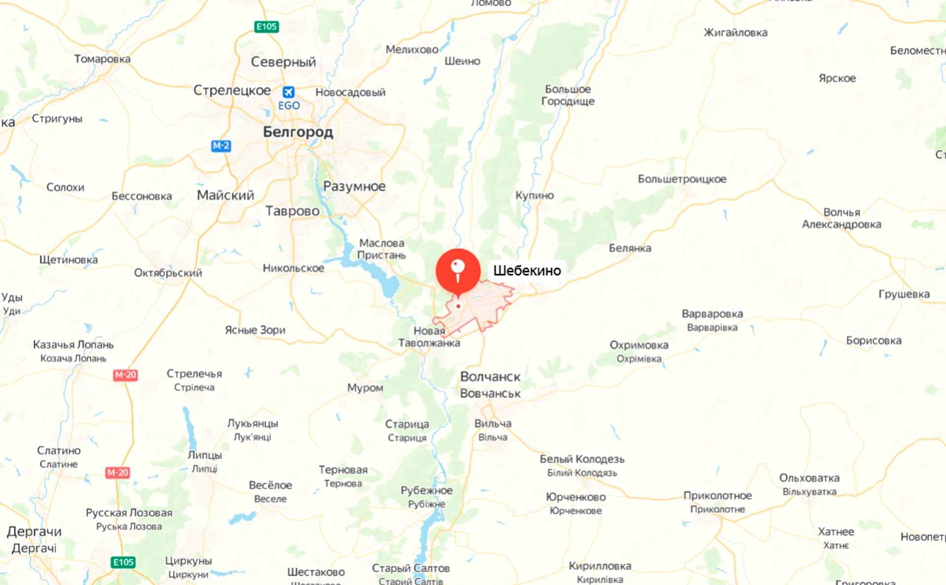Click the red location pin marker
458,271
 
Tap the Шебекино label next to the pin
527,271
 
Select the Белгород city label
298,132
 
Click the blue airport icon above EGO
288,92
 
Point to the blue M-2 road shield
221,146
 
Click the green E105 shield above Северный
267,27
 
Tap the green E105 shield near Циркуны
123,562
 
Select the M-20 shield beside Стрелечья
125,375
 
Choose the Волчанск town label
490,377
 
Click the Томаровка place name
102,59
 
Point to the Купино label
535,195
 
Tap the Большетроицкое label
682,179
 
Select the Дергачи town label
34,532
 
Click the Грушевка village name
904,294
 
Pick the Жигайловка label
735,33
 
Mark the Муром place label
365,388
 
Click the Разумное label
354,186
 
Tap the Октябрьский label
168,273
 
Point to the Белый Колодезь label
582,459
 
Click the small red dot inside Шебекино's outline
458,307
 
